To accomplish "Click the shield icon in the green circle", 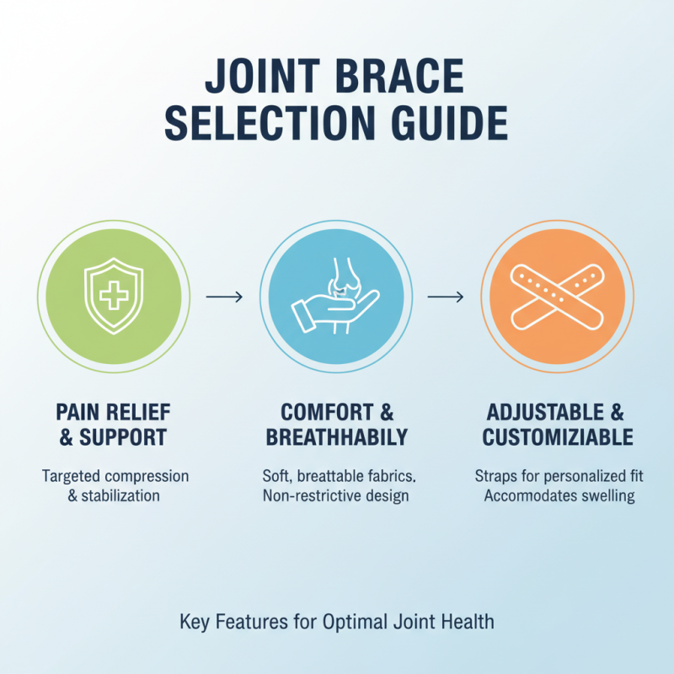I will coord(115,297).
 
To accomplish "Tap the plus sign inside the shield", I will coord(115,295).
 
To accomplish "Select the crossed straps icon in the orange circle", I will coord(556,297).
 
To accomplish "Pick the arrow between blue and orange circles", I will coord(445,297).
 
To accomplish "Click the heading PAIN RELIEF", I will coord(113,412).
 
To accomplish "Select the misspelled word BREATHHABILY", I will coord(336,438).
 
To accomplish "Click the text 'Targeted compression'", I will coord(115,476).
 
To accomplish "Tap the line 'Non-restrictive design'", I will coord(336,495).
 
